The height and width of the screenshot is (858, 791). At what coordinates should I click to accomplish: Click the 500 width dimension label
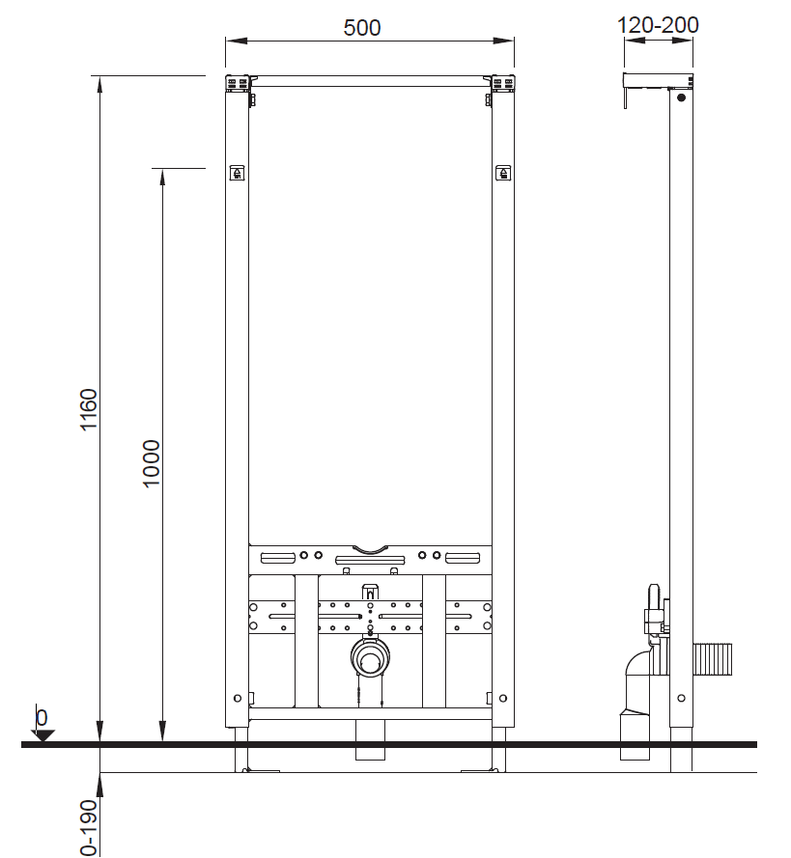coord(362,27)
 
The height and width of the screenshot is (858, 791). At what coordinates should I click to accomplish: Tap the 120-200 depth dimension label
coord(658,25)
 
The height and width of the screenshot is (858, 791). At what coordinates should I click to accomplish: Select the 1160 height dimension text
coord(89,410)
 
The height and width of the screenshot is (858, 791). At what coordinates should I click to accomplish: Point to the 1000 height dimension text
coord(151,463)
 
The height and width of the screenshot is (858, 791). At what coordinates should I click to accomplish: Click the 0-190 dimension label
coord(89,828)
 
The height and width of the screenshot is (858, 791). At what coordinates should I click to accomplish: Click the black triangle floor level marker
coord(42,735)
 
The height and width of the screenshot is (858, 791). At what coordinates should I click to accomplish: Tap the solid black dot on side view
coord(681,97)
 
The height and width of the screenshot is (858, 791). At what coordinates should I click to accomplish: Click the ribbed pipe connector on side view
coord(712,659)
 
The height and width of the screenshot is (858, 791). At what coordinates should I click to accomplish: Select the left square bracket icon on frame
coord(237,173)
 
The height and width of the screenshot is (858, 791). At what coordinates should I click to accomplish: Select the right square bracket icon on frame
coord(503,173)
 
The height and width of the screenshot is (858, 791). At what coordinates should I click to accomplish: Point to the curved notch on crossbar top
coord(370,549)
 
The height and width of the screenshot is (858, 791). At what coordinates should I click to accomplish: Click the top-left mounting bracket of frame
coord(238,85)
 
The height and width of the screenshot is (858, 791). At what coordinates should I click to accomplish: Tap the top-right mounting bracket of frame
coord(502,85)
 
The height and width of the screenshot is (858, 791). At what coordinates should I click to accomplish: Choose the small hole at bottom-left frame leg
coord(237,698)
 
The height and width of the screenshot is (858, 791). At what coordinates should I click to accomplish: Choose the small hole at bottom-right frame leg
coord(503,698)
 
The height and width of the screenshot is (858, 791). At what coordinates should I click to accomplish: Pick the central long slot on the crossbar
coord(370,561)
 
